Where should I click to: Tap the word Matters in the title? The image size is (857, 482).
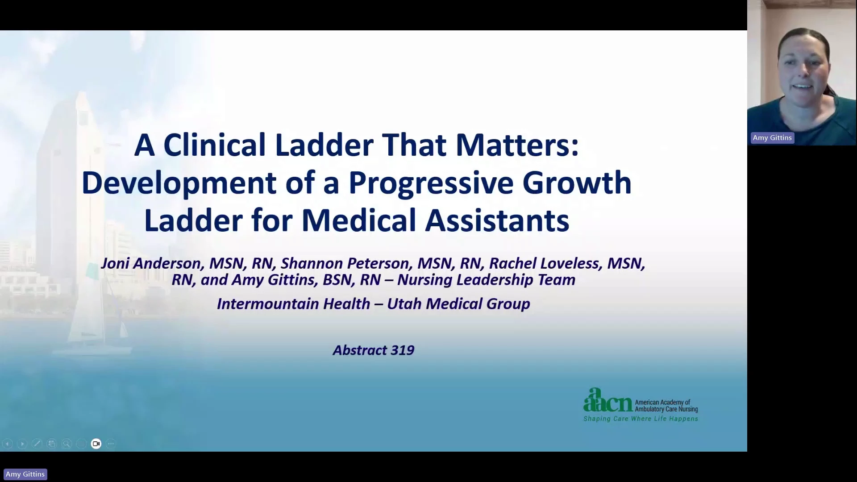point(517,145)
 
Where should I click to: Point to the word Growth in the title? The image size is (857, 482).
point(577,183)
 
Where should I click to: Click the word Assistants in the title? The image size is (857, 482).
point(497,220)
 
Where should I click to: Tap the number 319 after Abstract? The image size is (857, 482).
point(402,350)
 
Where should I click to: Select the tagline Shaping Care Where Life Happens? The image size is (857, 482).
point(641,419)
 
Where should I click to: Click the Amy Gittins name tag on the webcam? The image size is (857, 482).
point(772,138)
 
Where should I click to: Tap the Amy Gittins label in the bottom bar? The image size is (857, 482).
point(25,474)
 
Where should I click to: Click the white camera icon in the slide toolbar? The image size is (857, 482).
point(96,444)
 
